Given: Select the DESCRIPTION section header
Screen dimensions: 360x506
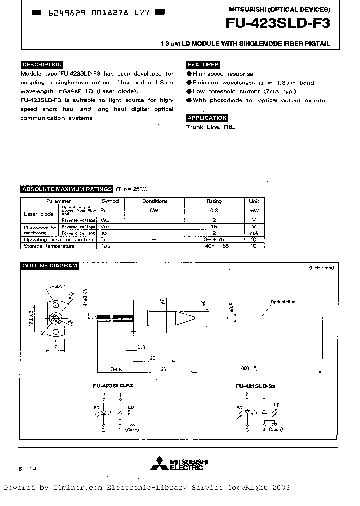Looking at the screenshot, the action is [x=42, y=65].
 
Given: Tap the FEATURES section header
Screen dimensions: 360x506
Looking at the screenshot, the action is [x=203, y=65].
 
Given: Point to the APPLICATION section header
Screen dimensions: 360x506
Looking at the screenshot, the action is [x=207, y=118].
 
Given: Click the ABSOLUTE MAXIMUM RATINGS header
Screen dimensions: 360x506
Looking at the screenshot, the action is [x=66, y=189].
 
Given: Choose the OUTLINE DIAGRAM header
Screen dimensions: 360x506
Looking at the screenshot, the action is [x=49, y=266].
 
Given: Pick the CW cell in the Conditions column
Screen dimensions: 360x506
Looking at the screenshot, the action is [x=154, y=210].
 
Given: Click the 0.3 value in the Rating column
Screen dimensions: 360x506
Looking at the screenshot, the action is [x=214, y=210].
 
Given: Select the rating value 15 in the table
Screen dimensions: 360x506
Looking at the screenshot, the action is [x=214, y=226].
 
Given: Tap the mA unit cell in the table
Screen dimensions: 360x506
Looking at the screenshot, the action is [x=254, y=233].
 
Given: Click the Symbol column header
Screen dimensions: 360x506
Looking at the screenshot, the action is [x=110, y=201].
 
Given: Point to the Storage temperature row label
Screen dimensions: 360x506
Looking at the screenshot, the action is [x=46, y=246].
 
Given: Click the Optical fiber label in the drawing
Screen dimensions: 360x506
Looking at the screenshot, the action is [x=284, y=302].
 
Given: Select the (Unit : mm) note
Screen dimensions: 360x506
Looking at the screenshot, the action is [x=321, y=268].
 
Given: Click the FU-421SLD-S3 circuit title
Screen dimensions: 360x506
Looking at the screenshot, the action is [x=255, y=386].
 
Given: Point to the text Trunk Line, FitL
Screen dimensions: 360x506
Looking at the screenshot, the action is [x=210, y=127].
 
